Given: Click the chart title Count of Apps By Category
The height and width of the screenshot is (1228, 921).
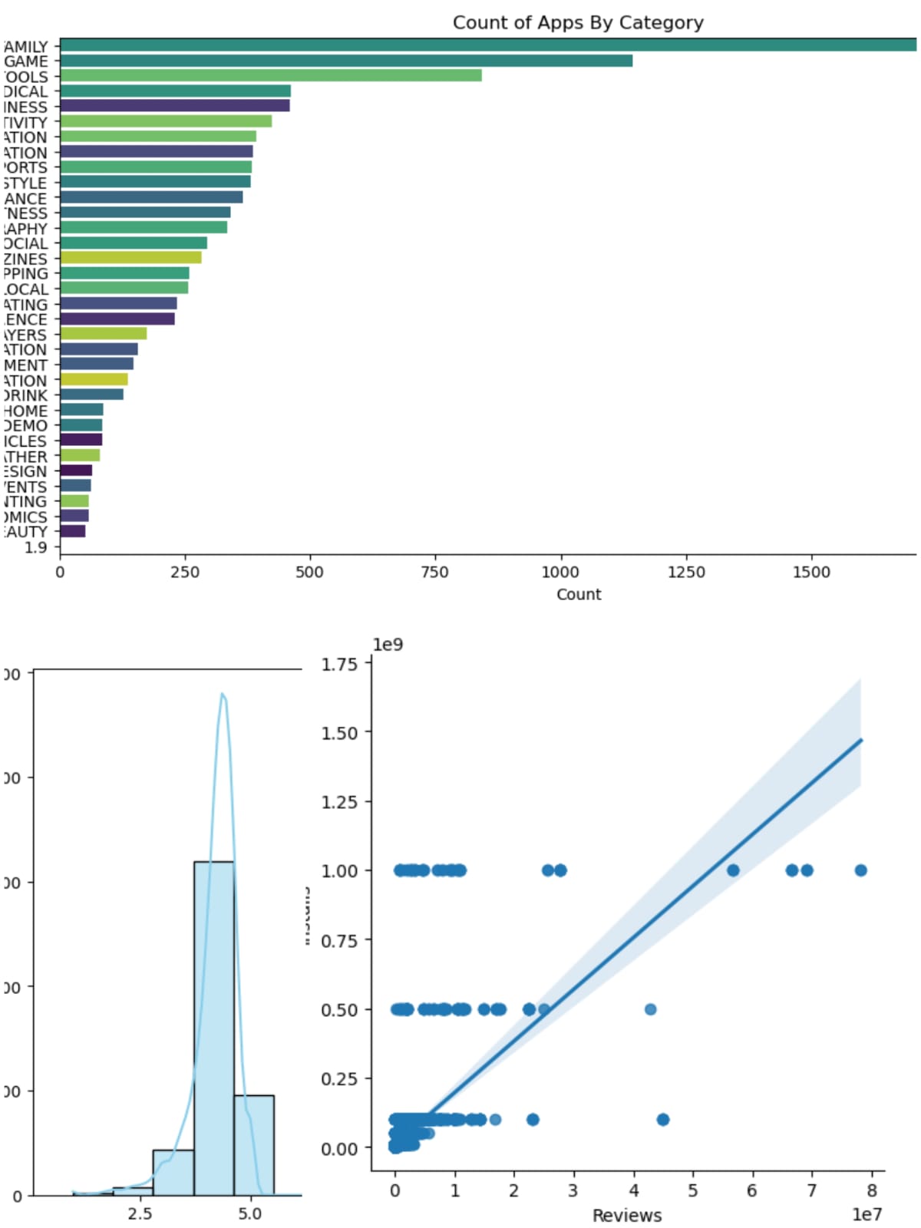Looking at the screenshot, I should pyautogui.click(x=577, y=22).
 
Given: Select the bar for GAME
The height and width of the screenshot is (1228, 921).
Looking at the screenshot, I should pyautogui.click(x=345, y=61).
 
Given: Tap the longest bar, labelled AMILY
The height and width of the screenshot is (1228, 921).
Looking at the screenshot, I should pyautogui.click(x=487, y=45).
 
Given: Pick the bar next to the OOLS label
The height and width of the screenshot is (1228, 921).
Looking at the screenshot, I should pyautogui.click(x=270, y=75).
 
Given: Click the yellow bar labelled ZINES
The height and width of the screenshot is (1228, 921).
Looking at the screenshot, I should pyautogui.click(x=130, y=258).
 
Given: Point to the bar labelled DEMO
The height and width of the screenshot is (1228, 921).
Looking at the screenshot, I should pyautogui.click(x=81, y=425).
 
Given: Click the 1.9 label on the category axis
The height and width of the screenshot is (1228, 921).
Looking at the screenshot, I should pyautogui.click(x=35, y=547).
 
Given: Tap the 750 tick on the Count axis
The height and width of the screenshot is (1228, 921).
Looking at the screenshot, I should pyautogui.click(x=434, y=572).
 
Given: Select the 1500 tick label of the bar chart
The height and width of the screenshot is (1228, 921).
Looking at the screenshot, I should pyautogui.click(x=811, y=572).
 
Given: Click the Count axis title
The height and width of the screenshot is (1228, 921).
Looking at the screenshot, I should pyautogui.click(x=579, y=594).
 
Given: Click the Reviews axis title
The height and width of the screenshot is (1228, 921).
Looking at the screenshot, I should pyautogui.click(x=626, y=1215).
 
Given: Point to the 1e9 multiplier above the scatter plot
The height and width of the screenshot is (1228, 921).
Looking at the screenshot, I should pyautogui.click(x=388, y=644).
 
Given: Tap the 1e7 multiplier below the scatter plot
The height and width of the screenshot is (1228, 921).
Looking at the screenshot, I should pyautogui.click(x=867, y=1214).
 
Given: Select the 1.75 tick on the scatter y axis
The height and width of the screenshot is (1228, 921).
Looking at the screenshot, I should pyautogui.click(x=339, y=664).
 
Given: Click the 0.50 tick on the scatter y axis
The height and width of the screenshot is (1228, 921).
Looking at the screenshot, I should pyautogui.click(x=339, y=1009).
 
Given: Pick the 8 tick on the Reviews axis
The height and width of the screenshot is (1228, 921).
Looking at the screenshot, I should pyautogui.click(x=871, y=1190).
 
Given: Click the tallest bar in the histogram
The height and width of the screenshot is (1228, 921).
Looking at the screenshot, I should pyautogui.click(x=213, y=1028).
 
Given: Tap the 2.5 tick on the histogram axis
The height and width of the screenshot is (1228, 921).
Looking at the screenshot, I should pyautogui.click(x=140, y=1213).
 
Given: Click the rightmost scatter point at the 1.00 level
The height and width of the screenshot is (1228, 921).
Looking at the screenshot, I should pyautogui.click(x=860, y=870).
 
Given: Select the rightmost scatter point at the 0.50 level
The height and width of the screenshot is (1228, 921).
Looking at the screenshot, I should pyautogui.click(x=650, y=1009).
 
